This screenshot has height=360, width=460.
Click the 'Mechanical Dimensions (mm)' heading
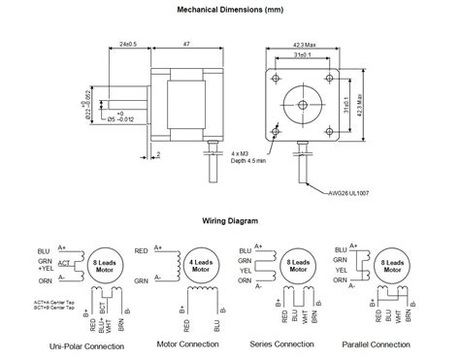(x=230, y=9)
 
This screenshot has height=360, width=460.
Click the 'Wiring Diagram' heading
(x=230, y=220)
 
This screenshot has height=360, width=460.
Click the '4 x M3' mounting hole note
(x=245, y=153)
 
